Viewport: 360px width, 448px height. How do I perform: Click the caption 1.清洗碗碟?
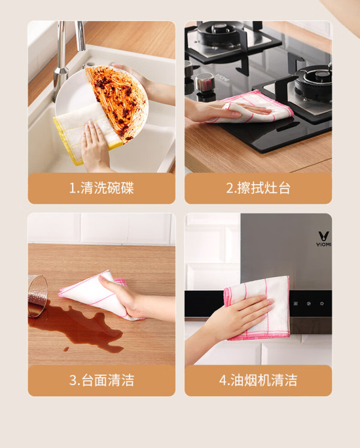click(101, 188)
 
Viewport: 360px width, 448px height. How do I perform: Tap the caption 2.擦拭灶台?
click(258, 188)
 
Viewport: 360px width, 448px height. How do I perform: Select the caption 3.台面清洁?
click(101, 380)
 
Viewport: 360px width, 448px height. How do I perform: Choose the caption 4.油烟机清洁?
click(258, 380)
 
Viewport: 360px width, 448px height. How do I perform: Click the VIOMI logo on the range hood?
click(323, 239)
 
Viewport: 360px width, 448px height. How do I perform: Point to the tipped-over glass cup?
click(37, 296)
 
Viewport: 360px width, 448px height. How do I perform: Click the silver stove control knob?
click(205, 83)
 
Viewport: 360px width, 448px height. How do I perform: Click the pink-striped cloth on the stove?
click(251, 107)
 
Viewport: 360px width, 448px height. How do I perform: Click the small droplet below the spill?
click(67, 349)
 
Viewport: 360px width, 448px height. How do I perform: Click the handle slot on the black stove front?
click(288, 127)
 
